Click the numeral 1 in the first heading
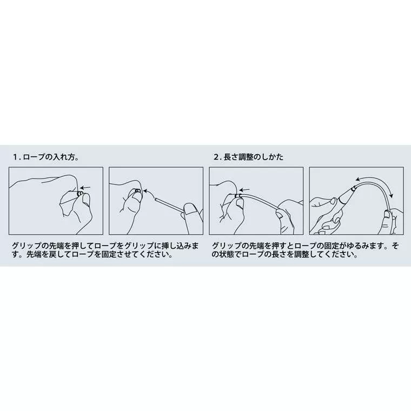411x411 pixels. tap(16, 157)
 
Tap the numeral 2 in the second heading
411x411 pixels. tap(216, 157)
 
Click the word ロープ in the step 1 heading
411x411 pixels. tap(34, 157)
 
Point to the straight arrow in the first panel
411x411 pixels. tap(85, 188)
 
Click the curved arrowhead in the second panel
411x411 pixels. tap(145, 191)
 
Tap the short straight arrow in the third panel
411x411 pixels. tap(245, 190)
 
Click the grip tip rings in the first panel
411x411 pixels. tap(80, 194)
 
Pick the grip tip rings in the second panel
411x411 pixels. tap(137, 190)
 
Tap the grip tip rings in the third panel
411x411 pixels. tap(238, 196)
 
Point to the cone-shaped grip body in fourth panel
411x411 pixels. tap(346, 197)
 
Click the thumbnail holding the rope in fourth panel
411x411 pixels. tap(387, 214)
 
